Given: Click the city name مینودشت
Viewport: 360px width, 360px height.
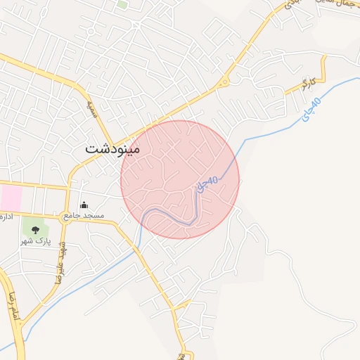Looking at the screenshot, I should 112,149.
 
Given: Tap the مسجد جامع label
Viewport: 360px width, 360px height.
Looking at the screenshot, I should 84,214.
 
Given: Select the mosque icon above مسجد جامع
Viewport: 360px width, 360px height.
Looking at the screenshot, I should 84,205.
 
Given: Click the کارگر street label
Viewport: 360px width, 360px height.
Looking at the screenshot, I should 305,85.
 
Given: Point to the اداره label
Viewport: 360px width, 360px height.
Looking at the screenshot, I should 7,214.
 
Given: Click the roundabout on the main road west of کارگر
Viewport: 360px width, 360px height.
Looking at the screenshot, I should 224,82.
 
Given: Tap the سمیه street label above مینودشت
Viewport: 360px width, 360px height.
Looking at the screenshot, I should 91,108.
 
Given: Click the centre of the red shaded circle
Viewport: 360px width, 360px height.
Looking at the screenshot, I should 180,179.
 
